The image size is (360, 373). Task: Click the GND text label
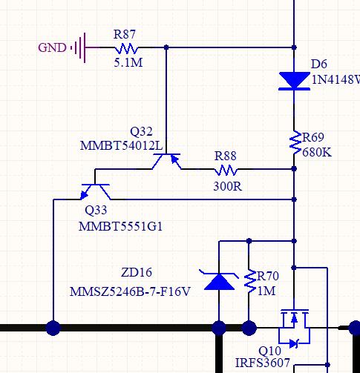pyautogui.click(x=52, y=47)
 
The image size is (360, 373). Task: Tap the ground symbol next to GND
pyautogui.click(x=79, y=47)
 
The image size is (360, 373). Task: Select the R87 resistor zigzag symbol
pyautogui.click(x=126, y=48)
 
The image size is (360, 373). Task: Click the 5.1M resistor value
pyautogui.click(x=128, y=63)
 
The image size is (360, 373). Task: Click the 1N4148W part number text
pyautogui.click(x=336, y=79)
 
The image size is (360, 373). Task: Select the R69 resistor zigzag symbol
pyautogui.click(x=295, y=142)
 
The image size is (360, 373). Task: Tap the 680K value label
pyautogui.click(x=317, y=152)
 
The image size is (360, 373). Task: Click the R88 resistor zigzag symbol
pyautogui.click(x=226, y=171)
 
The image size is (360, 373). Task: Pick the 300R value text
pyautogui.click(x=227, y=186)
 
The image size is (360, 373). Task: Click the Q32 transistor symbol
pyautogui.click(x=166, y=161)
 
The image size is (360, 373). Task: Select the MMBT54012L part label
pyautogui.click(x=121, y=145)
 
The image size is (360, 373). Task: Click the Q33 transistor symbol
pyautogui.click(x=96, y=192)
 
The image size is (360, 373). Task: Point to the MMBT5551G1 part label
pyautogui.click(x=120, y=226)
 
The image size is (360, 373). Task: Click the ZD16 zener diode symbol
pyautogui.click(x=219, y=281)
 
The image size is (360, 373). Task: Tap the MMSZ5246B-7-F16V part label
pyautogui.click(x=130, y=291)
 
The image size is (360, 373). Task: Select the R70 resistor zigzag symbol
pyautogui.click(x=249, y=282)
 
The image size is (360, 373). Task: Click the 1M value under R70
pyautogui.click(x=266, y=291)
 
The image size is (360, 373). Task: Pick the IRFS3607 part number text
pyautogui.click(x=262, y=363)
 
